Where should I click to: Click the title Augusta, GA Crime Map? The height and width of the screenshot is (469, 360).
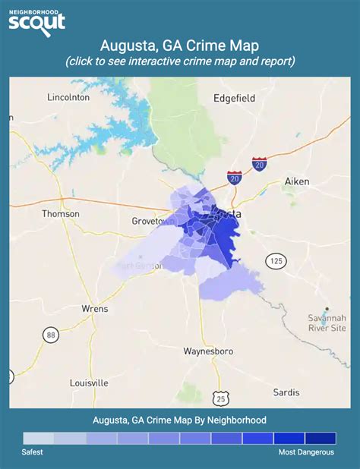pos(179,46)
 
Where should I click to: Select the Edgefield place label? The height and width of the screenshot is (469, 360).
pos(234,98)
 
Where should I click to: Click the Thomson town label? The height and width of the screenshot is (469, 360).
pos(61,214)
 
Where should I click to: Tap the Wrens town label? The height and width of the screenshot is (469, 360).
pos(95,309)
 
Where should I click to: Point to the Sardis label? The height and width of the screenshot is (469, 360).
pos(286,392)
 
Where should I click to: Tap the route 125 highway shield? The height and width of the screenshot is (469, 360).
pos(274,262)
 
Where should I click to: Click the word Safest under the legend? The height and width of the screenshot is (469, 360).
pos(32,452)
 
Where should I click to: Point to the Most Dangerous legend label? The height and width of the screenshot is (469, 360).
pos(305,452)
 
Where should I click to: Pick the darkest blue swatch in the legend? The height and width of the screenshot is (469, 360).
pos(320,439)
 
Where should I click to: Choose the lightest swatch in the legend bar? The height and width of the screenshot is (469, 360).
pos(39,439)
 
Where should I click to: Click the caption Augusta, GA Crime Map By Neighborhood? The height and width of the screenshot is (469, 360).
pos(179,420)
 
